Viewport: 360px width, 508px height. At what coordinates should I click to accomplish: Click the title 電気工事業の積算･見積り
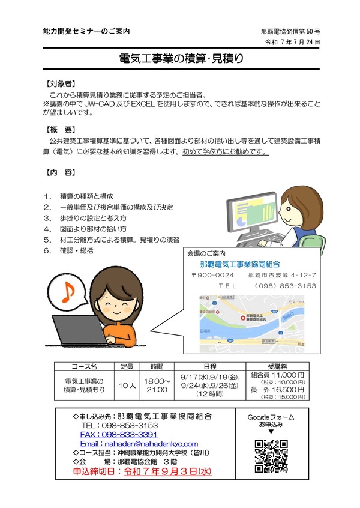pos(179,59)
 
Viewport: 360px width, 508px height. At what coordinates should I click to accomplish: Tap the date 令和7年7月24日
pos(292,43)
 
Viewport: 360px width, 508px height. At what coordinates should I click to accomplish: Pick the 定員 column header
pos(126,366)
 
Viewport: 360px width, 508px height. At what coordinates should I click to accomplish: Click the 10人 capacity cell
pos(126,384)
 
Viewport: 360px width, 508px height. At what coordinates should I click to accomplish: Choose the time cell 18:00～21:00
pos(157,384)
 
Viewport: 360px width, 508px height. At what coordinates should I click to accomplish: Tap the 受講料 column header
pos(277,366)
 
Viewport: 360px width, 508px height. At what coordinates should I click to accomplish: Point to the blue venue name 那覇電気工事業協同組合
pos(240,264)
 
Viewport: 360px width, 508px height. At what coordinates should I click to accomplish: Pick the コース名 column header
pos(84,366)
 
